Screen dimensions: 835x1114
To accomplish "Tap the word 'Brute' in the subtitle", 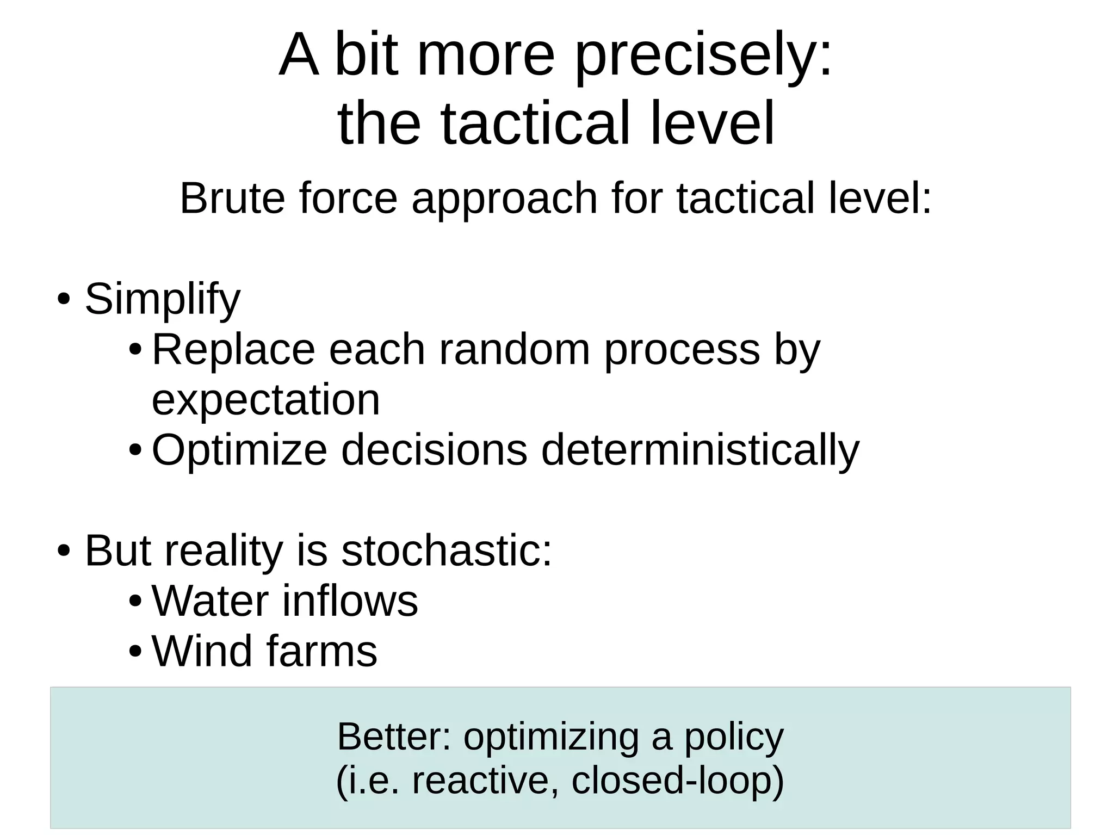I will tap(232, 199).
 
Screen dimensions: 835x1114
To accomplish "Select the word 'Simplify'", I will tap(163, 300).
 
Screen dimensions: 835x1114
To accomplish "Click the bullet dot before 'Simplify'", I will tap(64, 299).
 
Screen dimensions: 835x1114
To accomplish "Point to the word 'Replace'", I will tap(233, 350).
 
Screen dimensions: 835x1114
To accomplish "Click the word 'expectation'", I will tap(265, 401).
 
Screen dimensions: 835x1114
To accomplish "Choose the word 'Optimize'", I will tap(239, 451).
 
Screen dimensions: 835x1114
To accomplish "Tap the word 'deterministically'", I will tap(700, 451).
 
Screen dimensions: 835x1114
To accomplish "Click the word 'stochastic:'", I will tap(446, 551).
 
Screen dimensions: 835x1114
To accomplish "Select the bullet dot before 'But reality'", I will tap(64, 551).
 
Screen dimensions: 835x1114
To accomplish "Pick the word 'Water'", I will tap(210, 601).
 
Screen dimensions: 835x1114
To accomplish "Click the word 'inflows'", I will tap(350, 601).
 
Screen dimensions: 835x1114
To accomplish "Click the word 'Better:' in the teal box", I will tap(394, 737).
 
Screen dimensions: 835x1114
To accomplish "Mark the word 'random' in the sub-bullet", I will tap(514, 350).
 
